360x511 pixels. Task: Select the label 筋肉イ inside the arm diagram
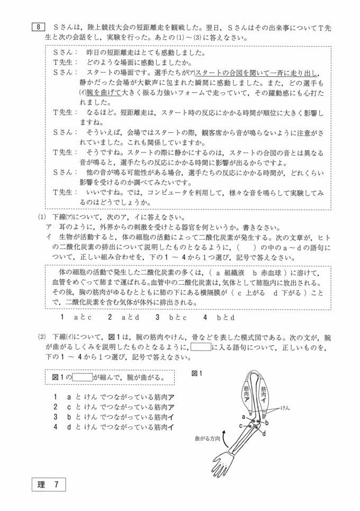pyautogui.click(x=264, y=394)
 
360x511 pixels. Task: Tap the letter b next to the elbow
pyautogui.click(x=267, y=423)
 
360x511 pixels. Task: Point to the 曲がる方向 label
pyautogui.click(x=207, y=439)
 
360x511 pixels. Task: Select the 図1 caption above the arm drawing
pyautogui.click(x=197, y=373)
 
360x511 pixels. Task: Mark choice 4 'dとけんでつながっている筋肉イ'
pyautogui.click(x=114, y=427)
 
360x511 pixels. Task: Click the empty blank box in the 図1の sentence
pyautogui.click(x=82, y=378)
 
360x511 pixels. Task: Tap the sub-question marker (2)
pyautogui.click(x=42, y=337)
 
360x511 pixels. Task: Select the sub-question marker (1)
pyautogui.click(x=42, y=217)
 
